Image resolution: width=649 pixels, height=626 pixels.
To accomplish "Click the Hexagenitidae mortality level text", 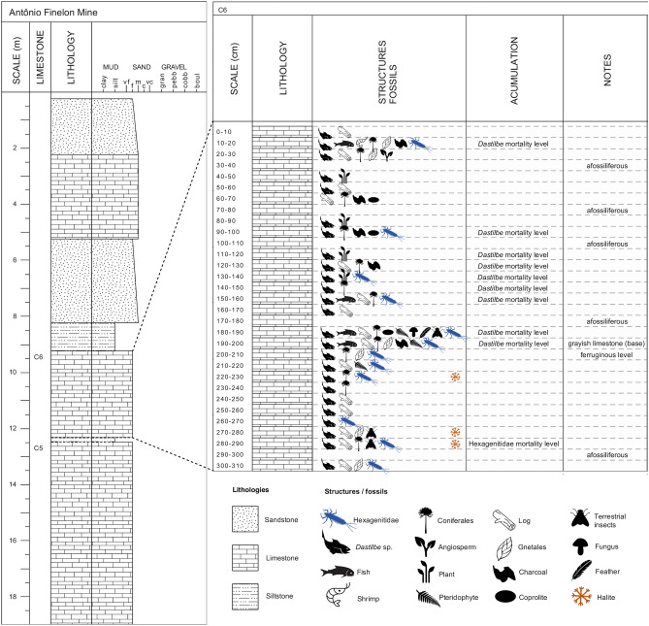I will pos(514,444).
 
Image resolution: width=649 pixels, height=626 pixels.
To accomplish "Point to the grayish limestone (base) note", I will pos(605,344).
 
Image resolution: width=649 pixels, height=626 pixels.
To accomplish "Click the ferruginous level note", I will pos(605,355).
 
